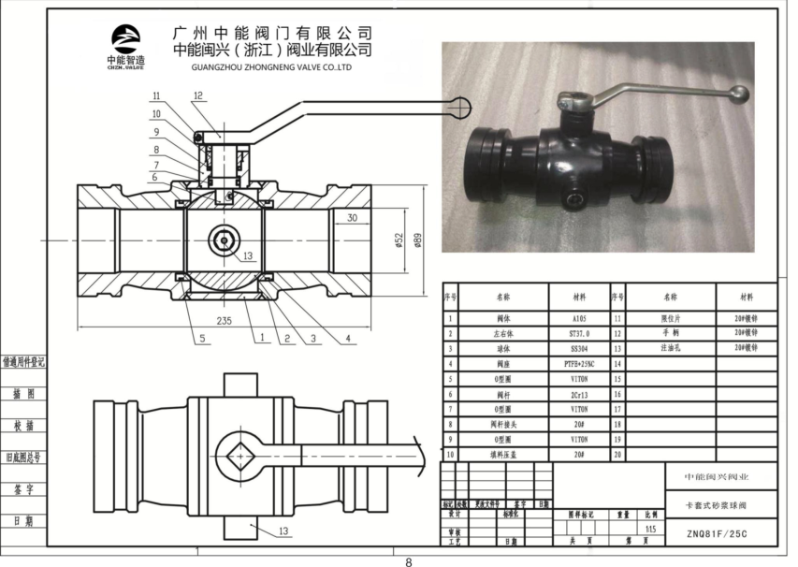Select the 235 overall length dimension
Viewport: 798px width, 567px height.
click(x=225, y=320)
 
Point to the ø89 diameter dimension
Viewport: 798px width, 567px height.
click(x=417, y=240)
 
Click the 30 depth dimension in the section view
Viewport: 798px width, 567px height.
click(x=352, y=218)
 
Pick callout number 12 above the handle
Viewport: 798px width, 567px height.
click(x=198, y=95)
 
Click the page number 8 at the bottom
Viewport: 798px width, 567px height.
click(x=408, y=561)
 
